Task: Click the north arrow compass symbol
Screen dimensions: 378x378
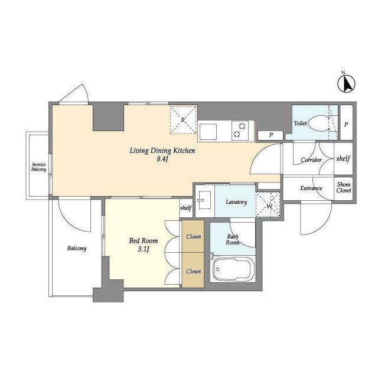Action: tap(346, 83)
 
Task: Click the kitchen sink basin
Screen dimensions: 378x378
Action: tap(208, 132)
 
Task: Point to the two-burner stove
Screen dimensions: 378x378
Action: tap(240, 131)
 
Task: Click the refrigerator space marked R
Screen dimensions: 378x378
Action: tap(183, 120)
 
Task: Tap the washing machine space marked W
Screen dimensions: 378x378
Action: tap(269, 204)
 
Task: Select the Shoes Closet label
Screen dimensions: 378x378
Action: tap(344, 187)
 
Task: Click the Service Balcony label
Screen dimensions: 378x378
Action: tap(39, 167)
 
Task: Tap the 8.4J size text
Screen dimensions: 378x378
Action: tap(162, 159)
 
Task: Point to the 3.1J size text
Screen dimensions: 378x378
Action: tap(144, 249)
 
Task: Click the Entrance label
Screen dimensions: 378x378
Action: tap(311, 188)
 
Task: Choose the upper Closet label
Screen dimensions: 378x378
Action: tap(193, 236)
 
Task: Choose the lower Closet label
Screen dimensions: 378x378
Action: tap(193, 271)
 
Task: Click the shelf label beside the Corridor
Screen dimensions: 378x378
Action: tap(343, 158)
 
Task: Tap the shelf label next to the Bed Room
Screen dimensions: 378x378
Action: tap(186, 207)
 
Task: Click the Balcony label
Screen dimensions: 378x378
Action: tap(77, 248)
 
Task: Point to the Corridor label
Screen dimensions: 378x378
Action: tap(311, 160)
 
